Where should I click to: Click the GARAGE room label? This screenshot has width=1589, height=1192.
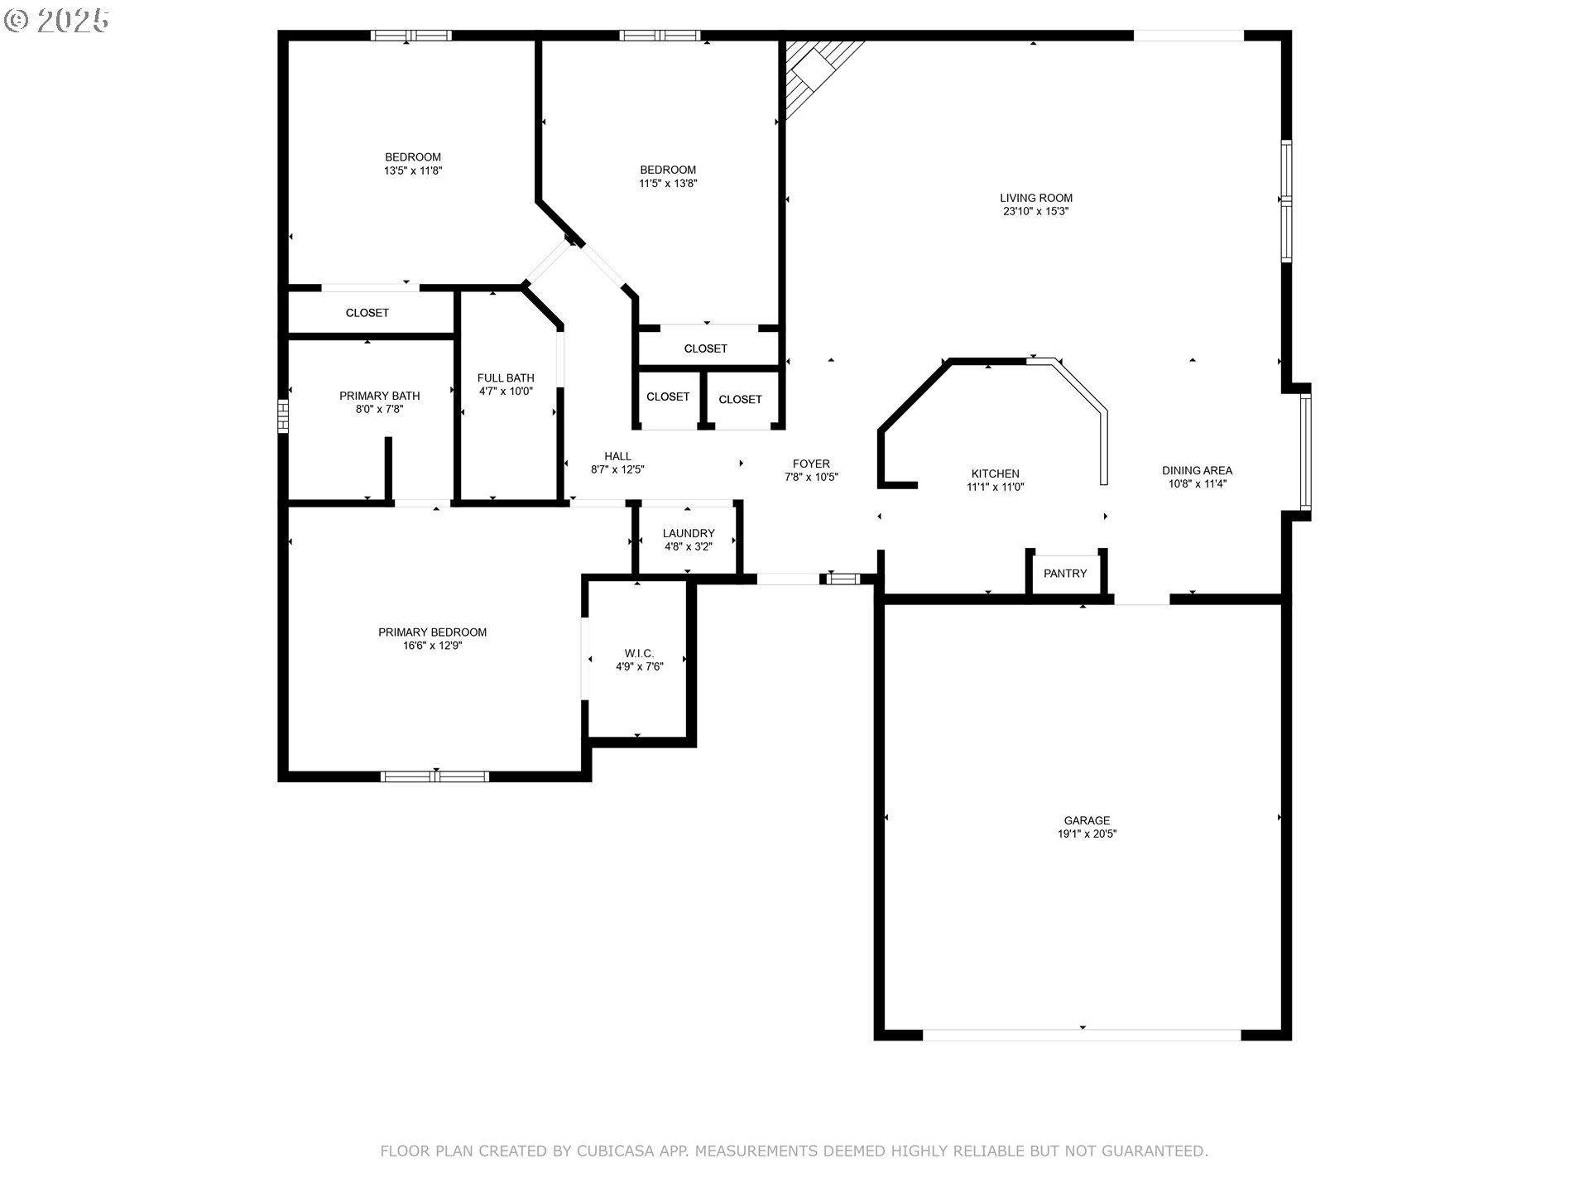(x=1087, y=820)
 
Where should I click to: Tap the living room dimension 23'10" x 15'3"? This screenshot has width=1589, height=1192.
(x=1035, y=211)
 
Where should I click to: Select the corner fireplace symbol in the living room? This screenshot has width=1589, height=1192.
(x=815, y=70)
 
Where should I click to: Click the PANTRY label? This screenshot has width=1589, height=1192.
(x=1065, y=574)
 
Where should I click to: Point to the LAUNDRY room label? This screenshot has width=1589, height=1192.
(x=688, y=533)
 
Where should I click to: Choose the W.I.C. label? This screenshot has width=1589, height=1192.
(x=639, y=653)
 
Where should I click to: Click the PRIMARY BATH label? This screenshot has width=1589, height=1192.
(x=379, y=396)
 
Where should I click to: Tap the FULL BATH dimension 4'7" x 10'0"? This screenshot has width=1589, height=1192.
(x=506, y=392)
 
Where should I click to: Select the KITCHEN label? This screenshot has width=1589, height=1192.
(x=995, y=473)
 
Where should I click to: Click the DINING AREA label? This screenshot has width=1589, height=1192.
(x=1197, y=470)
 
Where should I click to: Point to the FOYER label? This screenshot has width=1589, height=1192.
(x=810, y=464)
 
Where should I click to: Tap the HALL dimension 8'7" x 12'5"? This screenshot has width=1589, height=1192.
(x=617, y=469)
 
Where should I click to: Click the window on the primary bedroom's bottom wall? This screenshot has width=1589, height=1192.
(x=434, y=776)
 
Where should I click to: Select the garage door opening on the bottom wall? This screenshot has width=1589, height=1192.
(x=1082, y=1035)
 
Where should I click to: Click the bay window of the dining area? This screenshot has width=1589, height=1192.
(x=1305, y=451)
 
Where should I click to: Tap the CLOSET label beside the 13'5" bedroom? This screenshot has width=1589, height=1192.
(x=367, y=313)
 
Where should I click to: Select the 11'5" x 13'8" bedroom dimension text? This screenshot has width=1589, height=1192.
(x=667, y=184)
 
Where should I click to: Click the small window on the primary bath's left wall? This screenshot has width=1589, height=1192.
(x=283, y=416)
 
